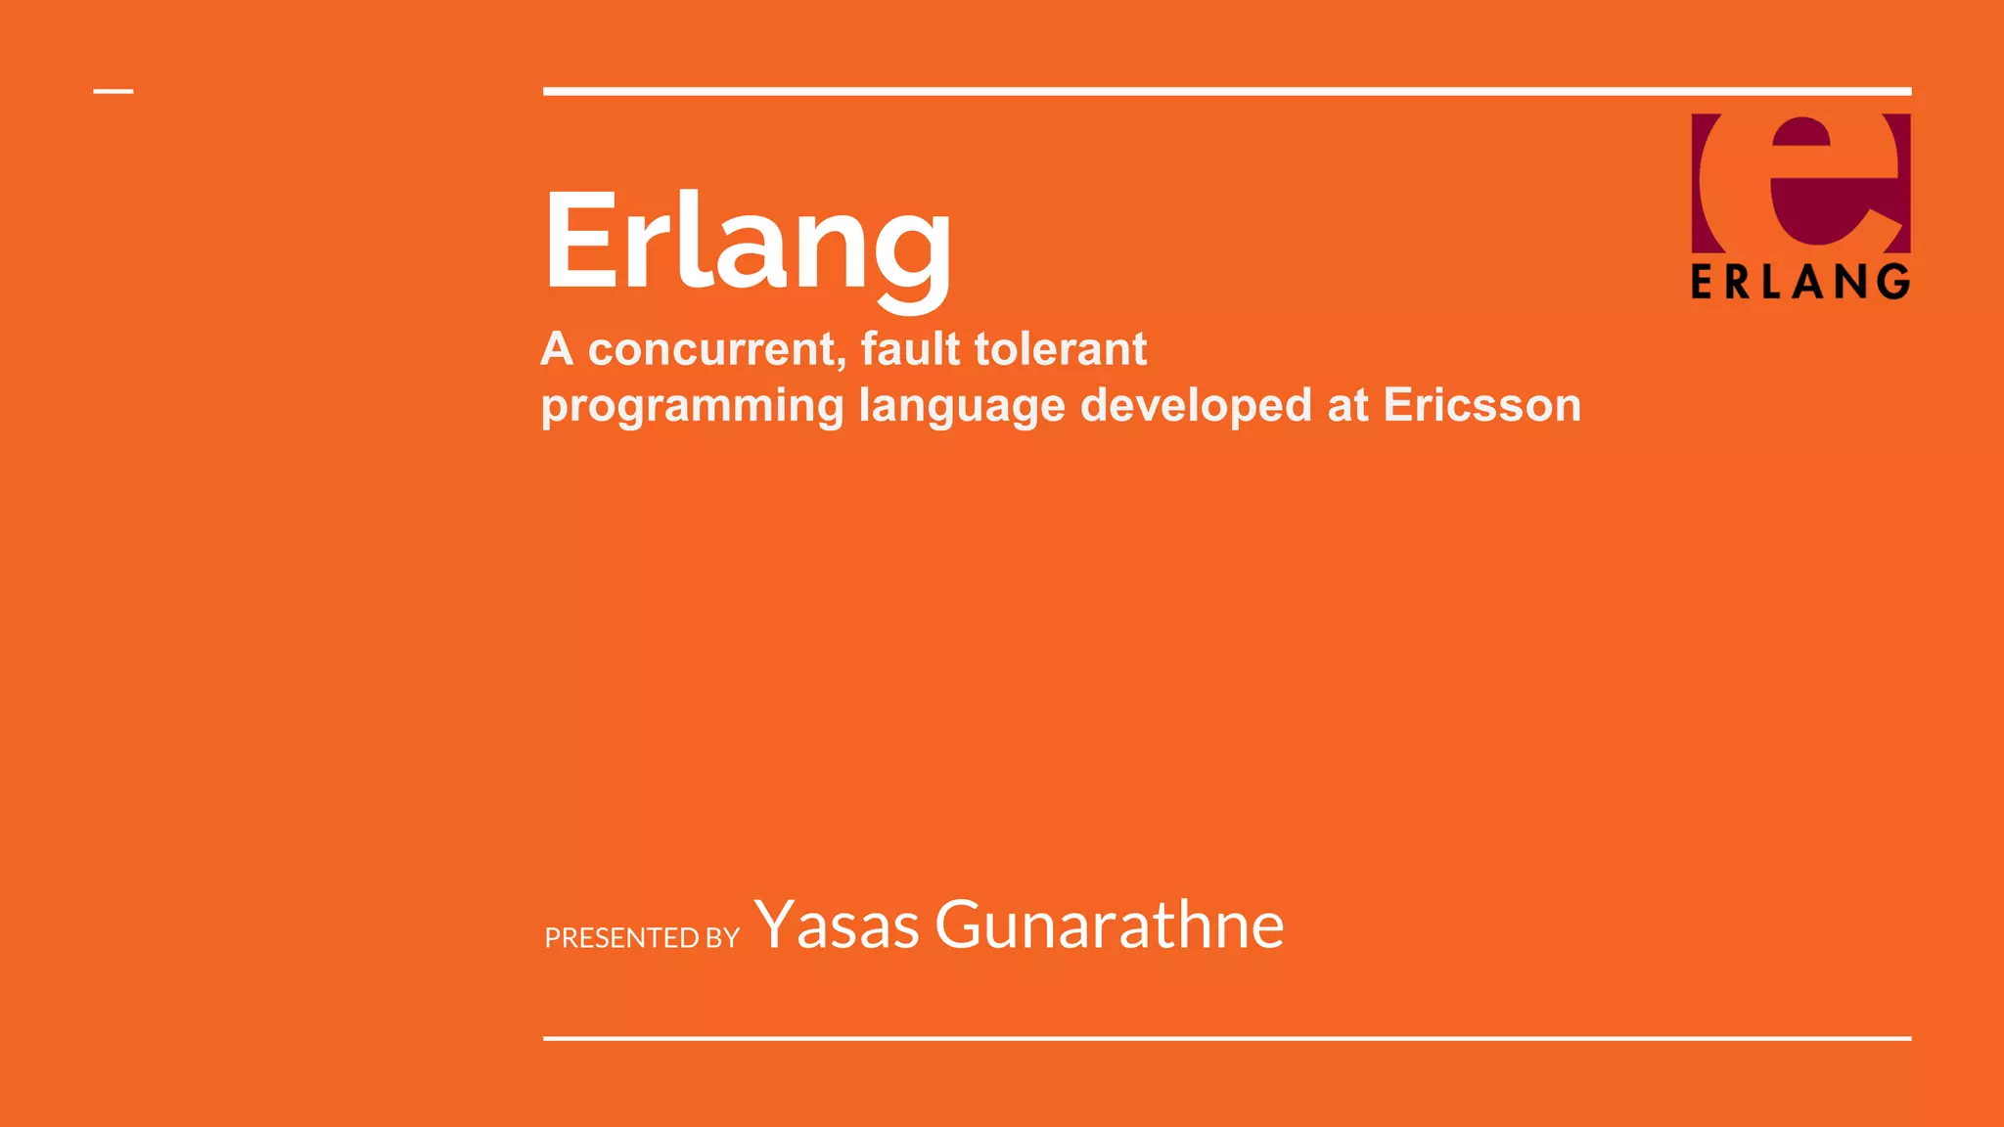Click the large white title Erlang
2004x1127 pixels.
pyautogui.click(x=748, y=243)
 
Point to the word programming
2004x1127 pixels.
pyautogui.click(x=692, y=406)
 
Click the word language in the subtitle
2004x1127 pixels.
pyautogui.click(x=961, y=406)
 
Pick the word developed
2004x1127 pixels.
pyautogui.click(x=1196, y=405)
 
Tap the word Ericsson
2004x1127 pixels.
pyautogui.click(x=1481, y=405)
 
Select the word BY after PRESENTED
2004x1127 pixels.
pyautogui.click(x=723, y=938)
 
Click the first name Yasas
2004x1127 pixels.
pyautogui.click(x=837, y=924)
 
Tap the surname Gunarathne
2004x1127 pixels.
pyautogui.click(x=1109, y=924)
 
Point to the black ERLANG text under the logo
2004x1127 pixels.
pyautogui.click(x=1800, y=282)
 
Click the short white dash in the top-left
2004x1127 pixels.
pyautogui.click(x=114, y=92)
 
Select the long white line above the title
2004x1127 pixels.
pyautogui.click(x=1227, y=92)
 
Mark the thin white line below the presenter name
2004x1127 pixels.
pyautogui.click(x=1227, y=1038)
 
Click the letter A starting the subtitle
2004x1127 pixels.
pyautogui.click(x=557, y=349)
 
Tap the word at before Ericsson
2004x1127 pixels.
pyautogui.click(x=1347, y=405)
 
